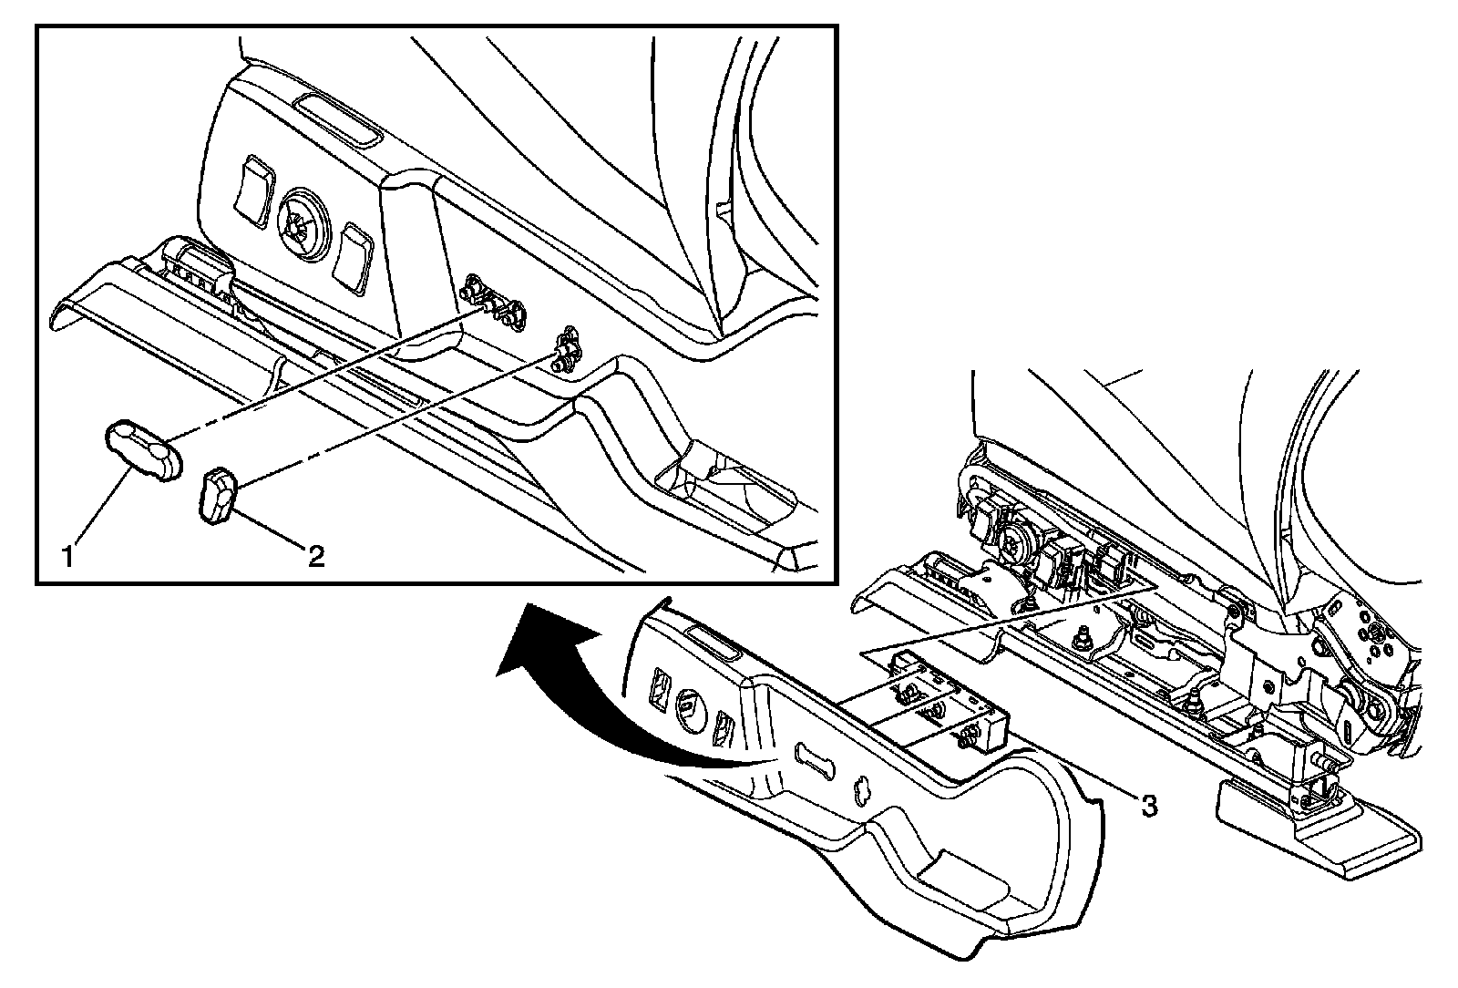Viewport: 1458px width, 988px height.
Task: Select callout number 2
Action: tap(315, 554)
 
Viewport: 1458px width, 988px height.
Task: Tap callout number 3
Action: tap(1149, 805)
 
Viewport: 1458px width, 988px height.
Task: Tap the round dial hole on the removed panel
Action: tap(689, 706)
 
